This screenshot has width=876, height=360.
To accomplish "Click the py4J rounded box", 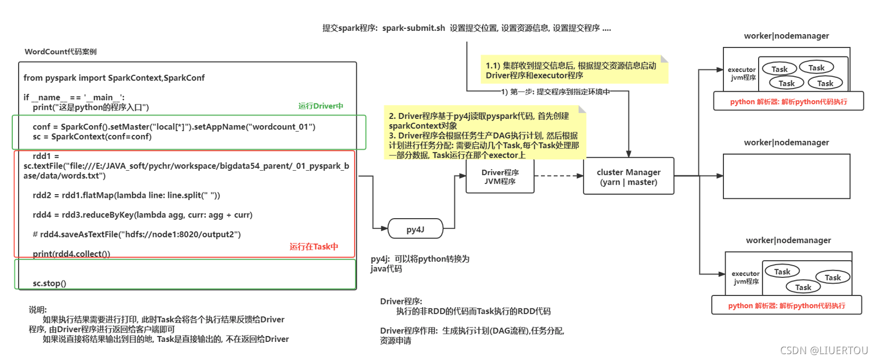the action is pos(416,229).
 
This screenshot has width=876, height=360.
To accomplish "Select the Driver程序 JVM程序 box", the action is pos(500,177).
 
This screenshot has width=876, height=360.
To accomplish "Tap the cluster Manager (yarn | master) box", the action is pos(628,177).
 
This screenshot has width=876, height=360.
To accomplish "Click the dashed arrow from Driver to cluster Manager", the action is pos(558,175).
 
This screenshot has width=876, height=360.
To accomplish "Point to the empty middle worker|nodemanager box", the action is pos(786,177).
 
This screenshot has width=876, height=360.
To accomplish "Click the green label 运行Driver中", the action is pos(320,106).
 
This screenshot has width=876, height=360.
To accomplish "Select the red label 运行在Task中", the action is pos(314,246).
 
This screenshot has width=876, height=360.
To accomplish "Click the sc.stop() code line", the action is pos(50,283).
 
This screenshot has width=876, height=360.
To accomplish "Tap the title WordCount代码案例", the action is pos(61,52).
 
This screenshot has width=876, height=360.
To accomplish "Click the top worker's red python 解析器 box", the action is pos(788,101).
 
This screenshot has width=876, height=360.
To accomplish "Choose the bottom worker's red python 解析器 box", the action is pos(786,306).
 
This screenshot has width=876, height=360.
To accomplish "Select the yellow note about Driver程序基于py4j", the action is pos(484,135).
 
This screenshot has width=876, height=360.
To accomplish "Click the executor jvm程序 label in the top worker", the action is pos(742,74).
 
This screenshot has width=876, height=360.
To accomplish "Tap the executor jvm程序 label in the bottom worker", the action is pos(745,277).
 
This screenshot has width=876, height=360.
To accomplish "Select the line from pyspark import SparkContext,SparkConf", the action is pos(114,78).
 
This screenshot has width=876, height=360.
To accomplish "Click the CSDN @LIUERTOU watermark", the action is pos(824,350).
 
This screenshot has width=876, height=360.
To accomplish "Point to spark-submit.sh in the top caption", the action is pos(413,28).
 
